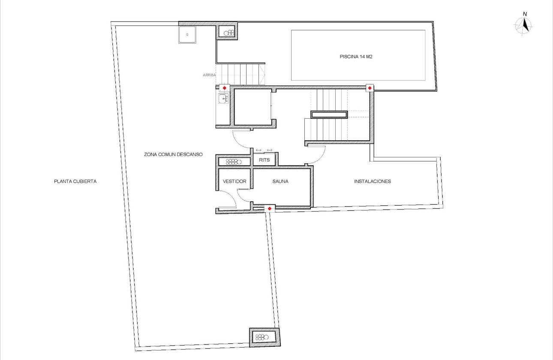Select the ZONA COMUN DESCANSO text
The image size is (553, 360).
pos(173,154)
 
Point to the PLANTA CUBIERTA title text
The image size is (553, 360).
pos(75,181)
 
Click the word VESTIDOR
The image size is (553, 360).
pos(234,181)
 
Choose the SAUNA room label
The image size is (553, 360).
pos(280,181)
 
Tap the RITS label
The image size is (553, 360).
pos(264,160)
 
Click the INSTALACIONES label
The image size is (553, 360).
pos(372,181)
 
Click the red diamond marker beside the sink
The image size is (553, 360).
pos(224,88)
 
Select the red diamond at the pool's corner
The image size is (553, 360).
pos(370,88)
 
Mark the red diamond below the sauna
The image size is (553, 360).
pos(269,208)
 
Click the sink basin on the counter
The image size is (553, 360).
pos(223,99)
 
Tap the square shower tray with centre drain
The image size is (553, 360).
pos(187,35)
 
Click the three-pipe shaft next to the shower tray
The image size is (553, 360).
pos(228,32)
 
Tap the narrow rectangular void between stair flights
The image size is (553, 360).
pos(329,114)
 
